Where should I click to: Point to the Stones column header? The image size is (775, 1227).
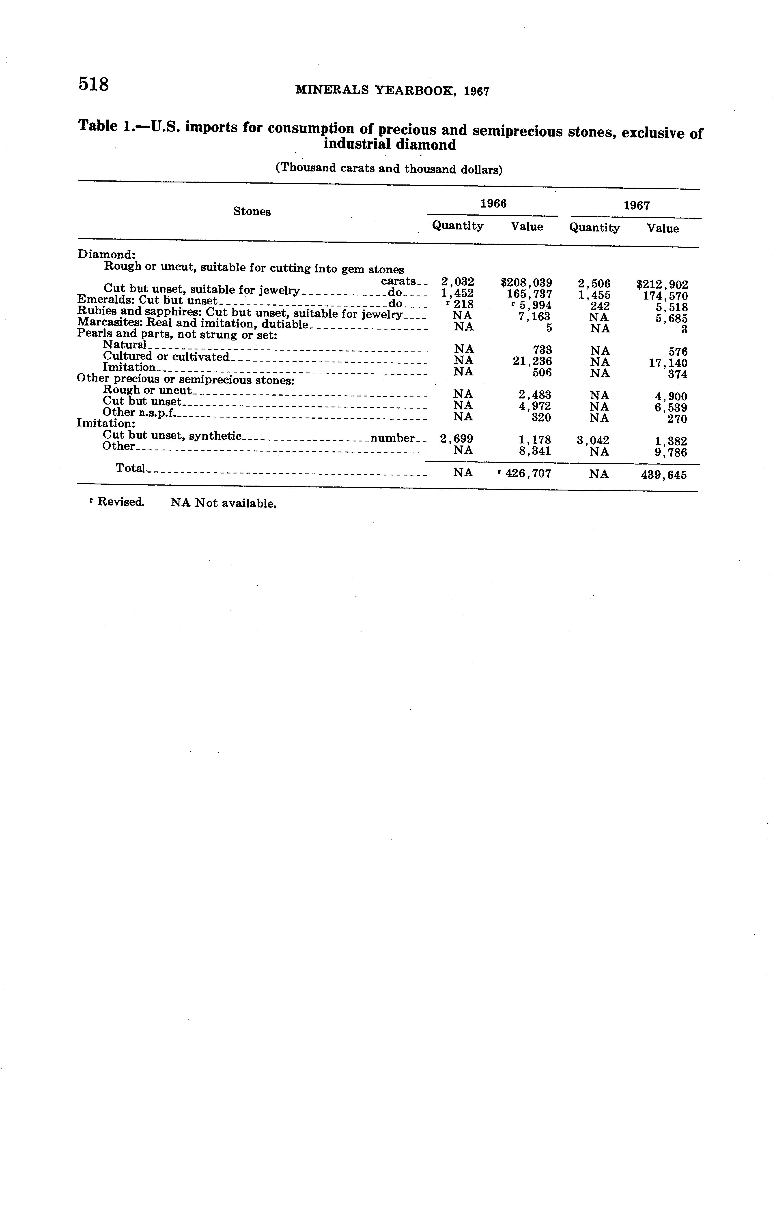(252, 212)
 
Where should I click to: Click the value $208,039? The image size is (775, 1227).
(526, 282)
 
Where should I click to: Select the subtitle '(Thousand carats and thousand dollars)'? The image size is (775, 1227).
(389, 168)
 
